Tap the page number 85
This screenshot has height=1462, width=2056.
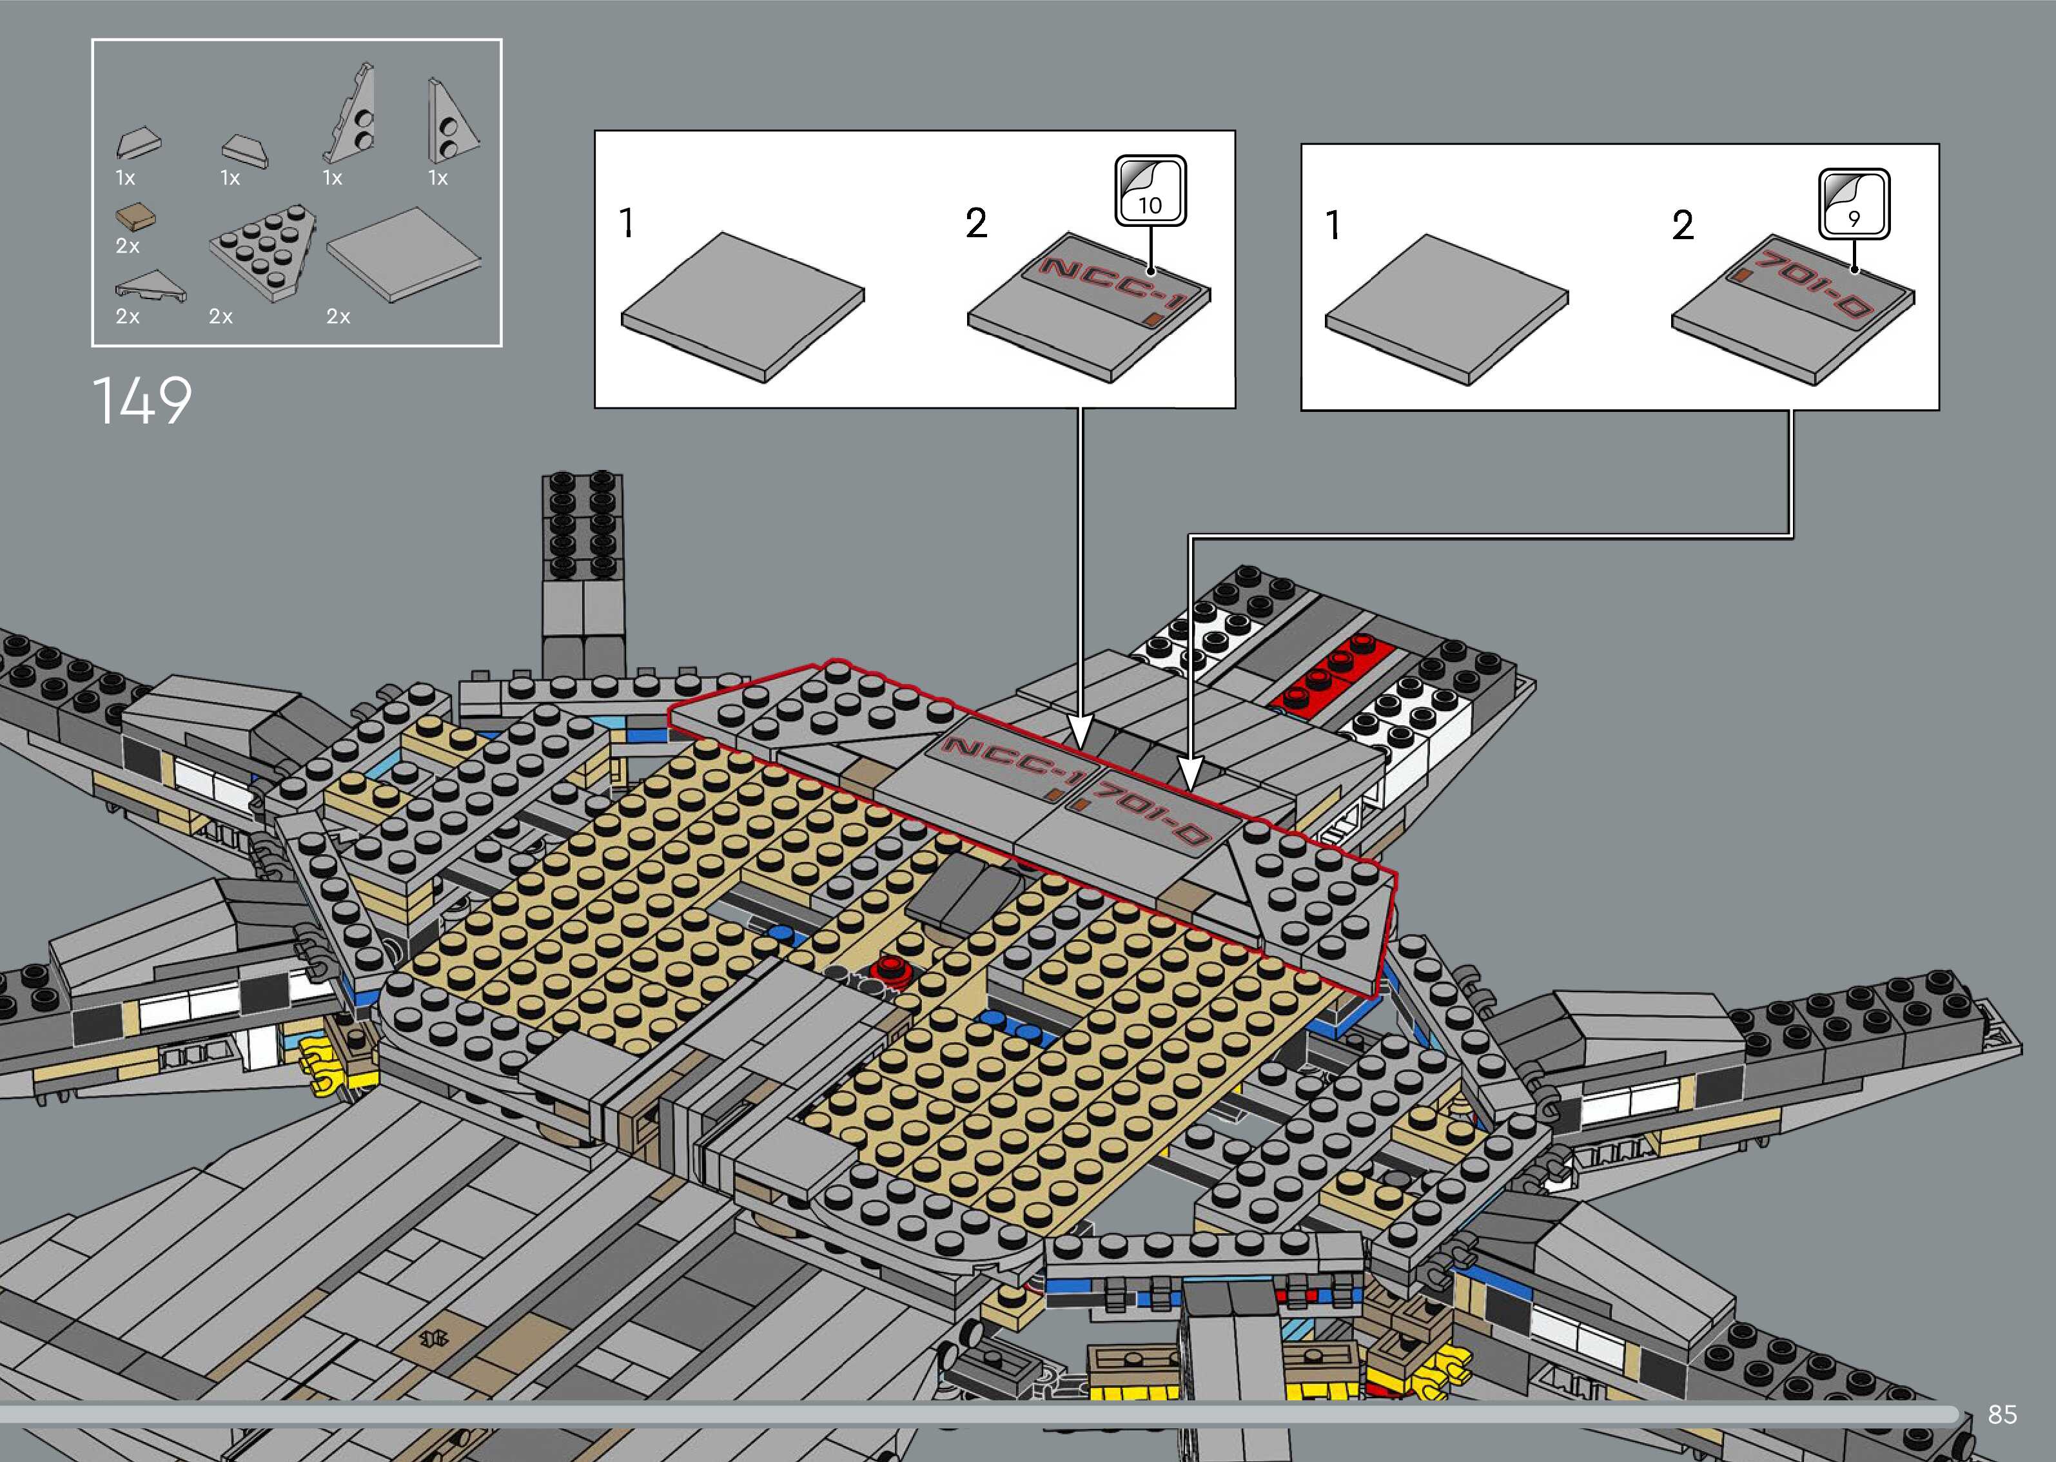click(2002, 1414)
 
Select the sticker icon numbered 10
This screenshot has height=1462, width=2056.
click(1150, 191)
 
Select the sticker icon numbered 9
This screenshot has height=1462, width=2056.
click(1854, 204)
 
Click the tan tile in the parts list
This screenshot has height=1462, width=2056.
click(135, 216)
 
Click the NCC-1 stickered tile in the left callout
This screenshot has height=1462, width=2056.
click(1089, 306)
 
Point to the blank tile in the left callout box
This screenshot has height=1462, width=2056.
click(743, 306)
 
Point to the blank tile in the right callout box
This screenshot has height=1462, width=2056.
click(1447, 308)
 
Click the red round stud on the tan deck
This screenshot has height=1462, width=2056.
click(892, 967)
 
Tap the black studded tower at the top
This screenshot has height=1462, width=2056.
click(582, 522)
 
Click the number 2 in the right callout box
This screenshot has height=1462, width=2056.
click(1683, 225)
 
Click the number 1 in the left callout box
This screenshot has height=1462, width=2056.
click(627, 222)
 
